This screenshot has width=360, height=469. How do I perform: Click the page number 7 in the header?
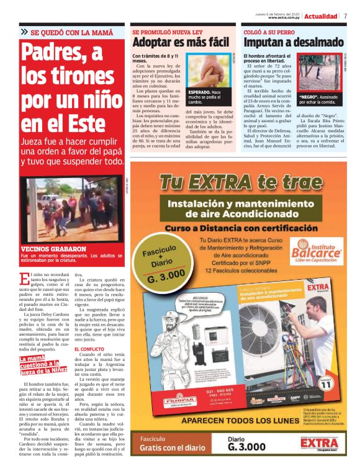click(x=344, y=16)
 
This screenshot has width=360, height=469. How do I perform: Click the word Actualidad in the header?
click(x=321, y=16)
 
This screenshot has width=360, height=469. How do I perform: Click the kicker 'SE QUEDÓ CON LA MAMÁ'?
click(x=72, y=32)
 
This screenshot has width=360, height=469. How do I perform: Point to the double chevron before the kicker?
click(x=24, y=32)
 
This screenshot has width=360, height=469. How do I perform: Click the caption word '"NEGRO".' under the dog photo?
click(x=309, y=98)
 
